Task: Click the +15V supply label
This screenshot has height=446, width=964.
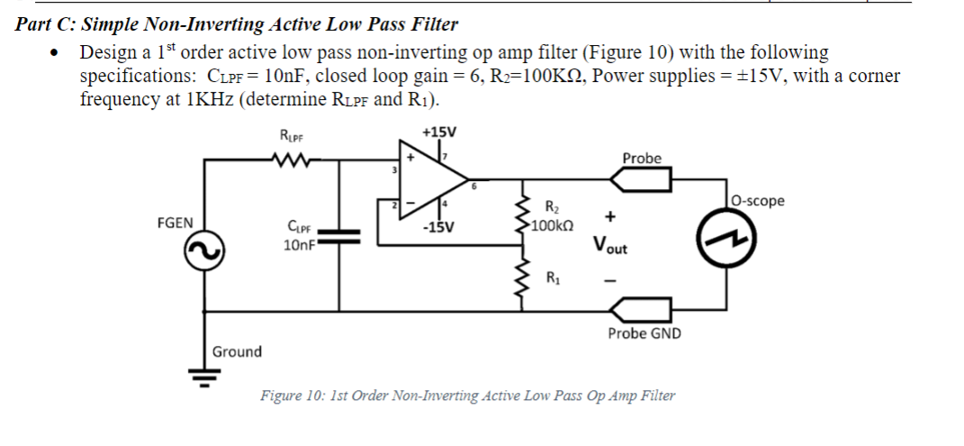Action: click(x=438, y=132)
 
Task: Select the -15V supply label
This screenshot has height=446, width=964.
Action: click(x=440, y=226)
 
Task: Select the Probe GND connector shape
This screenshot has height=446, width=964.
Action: click(x=642, y=312)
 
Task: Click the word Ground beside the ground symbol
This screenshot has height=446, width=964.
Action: click(x=238, y=351)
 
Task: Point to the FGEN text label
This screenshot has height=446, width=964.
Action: click(x=175, y=222)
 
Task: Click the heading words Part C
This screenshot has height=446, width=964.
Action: click(x=45, y=24)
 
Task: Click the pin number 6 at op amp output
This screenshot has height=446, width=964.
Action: click(x=473, y=187)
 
